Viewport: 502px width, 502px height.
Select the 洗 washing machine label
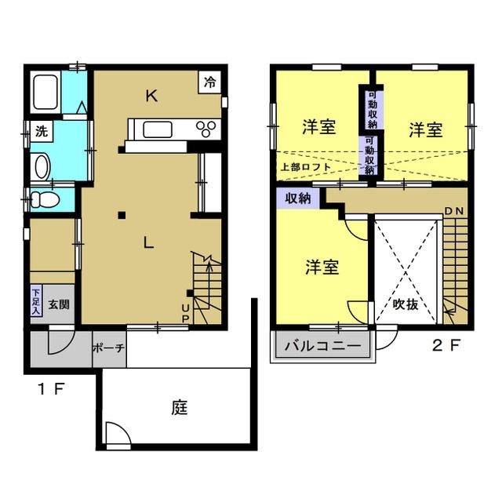coord(40,132)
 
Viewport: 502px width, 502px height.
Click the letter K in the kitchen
coord(152,96)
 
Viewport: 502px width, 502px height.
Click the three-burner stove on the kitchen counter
coord(208,129)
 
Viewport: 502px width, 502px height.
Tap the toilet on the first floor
coord(45,199)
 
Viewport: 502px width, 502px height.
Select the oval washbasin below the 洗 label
coord(42,166)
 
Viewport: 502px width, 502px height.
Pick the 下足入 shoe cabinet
coord(36,302)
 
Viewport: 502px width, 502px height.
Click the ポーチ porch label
coord(108,348)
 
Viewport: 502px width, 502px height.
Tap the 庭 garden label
coord(180,408)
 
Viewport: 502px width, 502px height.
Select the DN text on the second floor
coord(453,212)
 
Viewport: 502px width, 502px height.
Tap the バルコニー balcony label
coord(322,345)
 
